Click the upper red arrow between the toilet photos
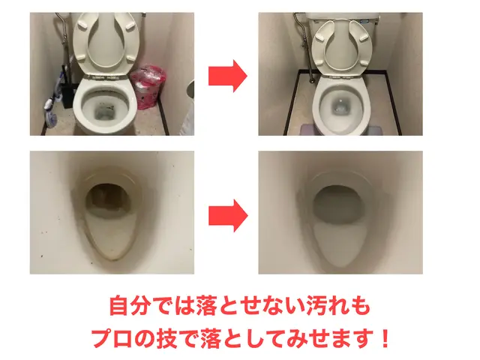click(x=226, y=75)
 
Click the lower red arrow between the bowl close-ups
click(x=226, y=214)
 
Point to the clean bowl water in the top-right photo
click(x=340, y=107)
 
